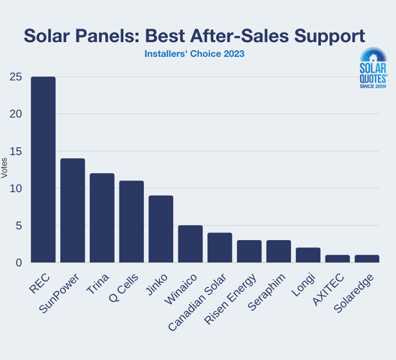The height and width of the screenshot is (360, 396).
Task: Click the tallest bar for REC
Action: coord(43,170)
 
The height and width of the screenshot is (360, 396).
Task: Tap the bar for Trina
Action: coord(102,218)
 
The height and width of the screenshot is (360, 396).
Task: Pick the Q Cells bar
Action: coord(131,222)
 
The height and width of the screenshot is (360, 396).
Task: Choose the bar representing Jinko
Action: coord(161,229)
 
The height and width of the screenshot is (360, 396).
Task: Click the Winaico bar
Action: coord(190,244)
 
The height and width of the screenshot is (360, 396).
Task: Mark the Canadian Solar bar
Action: coord(220,248)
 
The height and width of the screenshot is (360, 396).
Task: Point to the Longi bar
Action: coord(308,255)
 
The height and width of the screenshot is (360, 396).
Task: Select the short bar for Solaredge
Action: coord(367,258)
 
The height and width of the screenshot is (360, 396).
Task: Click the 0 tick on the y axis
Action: coord(19,263)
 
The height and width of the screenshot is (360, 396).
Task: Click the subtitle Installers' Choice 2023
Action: coord(194,53)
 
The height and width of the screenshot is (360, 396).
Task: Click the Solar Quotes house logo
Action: coord(373,70)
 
